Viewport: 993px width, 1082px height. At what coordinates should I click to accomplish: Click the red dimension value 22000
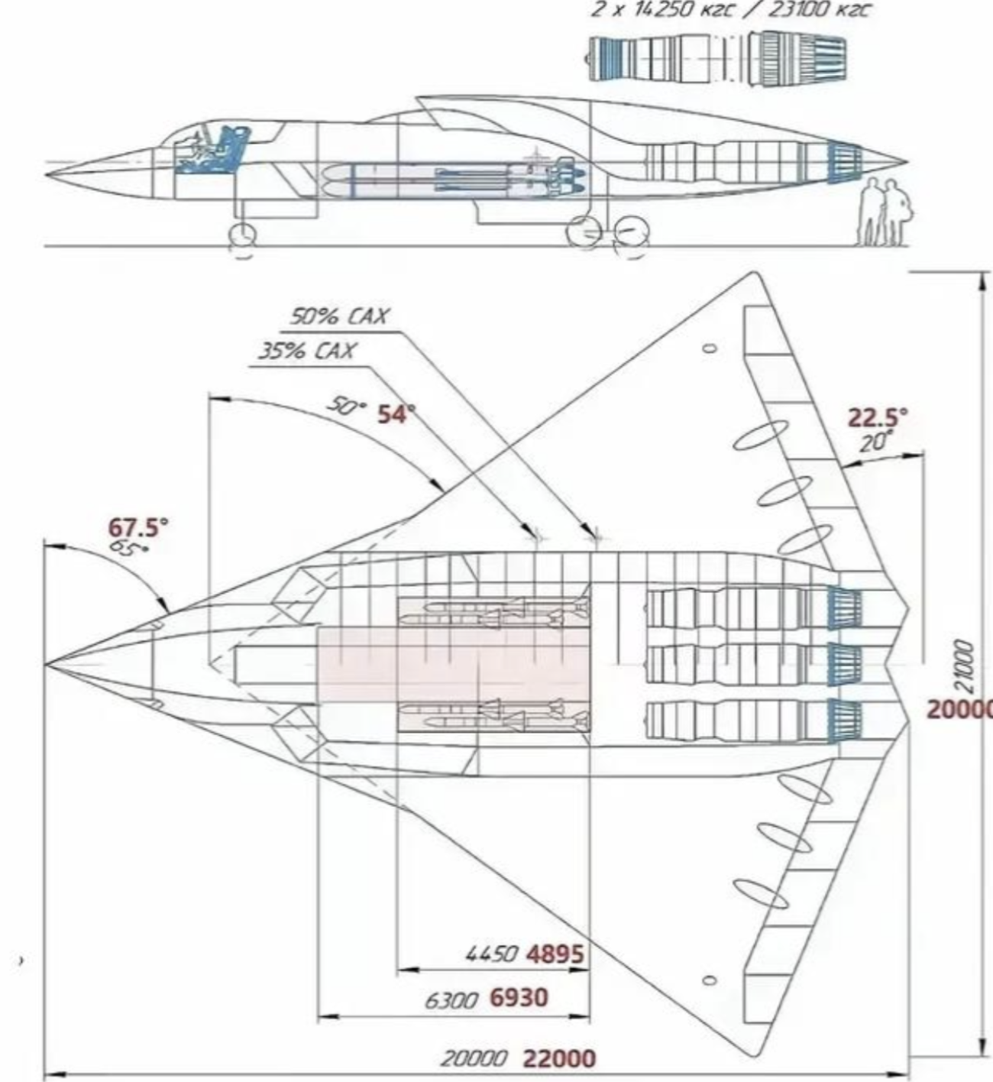click(x=559, y=1058)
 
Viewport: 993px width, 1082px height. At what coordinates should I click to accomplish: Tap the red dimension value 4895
click(x=555, y=954)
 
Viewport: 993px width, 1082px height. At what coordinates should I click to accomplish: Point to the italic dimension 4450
click(x=492, y=954)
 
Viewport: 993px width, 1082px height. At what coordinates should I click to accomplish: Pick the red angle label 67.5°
click(x=138, y=527)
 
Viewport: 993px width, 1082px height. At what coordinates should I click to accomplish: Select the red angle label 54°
click(x=396, y=414)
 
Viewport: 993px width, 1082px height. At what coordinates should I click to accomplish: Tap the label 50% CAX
click(x=338, y=316)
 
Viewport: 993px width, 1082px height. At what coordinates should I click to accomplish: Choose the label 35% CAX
click(x=307, y=351)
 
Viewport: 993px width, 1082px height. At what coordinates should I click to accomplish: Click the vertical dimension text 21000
click(x=965, y=666)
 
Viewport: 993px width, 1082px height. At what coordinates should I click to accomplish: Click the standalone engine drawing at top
click(x=717, y=58)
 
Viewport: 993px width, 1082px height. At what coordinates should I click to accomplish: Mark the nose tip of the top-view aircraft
click(x=45, y=665)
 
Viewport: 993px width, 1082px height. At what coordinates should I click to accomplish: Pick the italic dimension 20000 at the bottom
click(x=474, y=1058)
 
